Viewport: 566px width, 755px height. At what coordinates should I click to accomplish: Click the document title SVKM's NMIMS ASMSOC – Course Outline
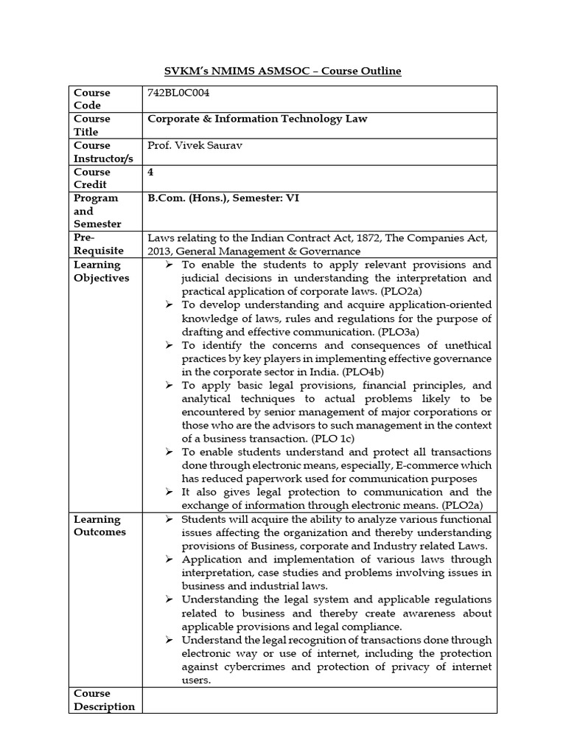(x=282, y=71)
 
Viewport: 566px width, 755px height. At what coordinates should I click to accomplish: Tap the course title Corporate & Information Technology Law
(x=257, y=118)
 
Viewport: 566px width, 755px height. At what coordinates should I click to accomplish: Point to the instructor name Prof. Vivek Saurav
(x=195, y=145)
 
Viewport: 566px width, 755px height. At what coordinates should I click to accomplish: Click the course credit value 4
(x=151, y=171)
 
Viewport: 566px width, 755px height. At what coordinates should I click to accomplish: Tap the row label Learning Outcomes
(x=99, y=526)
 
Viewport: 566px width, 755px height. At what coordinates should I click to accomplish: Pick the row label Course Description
(x=104, y=700)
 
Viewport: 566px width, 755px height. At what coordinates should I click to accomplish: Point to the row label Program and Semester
(x=96, y=211)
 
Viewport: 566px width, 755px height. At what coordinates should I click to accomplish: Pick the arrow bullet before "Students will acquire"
(x=169, y=519)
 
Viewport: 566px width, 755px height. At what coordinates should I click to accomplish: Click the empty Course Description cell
(x=319, y=700)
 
